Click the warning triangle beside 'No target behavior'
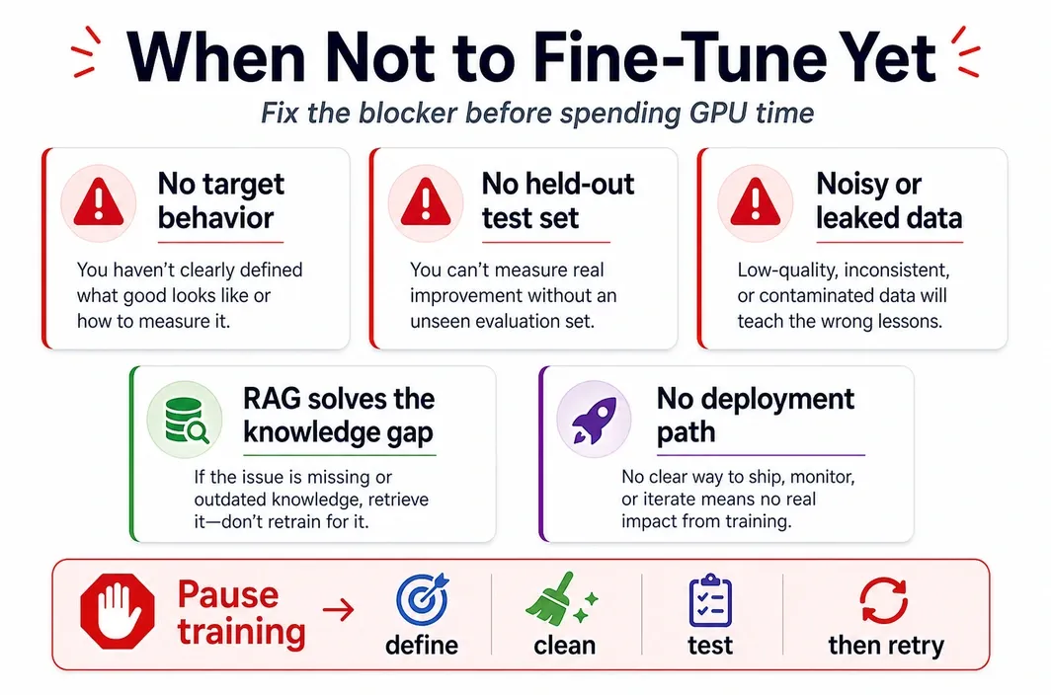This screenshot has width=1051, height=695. [99, 202]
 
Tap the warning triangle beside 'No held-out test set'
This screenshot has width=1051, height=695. [426, 202]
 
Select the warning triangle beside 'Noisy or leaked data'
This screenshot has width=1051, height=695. [756, 202]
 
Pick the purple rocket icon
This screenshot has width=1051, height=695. [594, 421]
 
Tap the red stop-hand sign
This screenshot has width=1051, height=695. [118, 610]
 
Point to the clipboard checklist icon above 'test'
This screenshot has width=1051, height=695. [710, 600]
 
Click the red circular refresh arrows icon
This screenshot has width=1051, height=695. [884, 600]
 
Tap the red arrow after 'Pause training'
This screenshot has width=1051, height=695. [339, 610]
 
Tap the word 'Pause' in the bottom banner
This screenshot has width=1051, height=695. [228, 594]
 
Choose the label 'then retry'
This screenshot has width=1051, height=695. [886, 645]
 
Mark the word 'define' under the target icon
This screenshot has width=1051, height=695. [422, 645]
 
